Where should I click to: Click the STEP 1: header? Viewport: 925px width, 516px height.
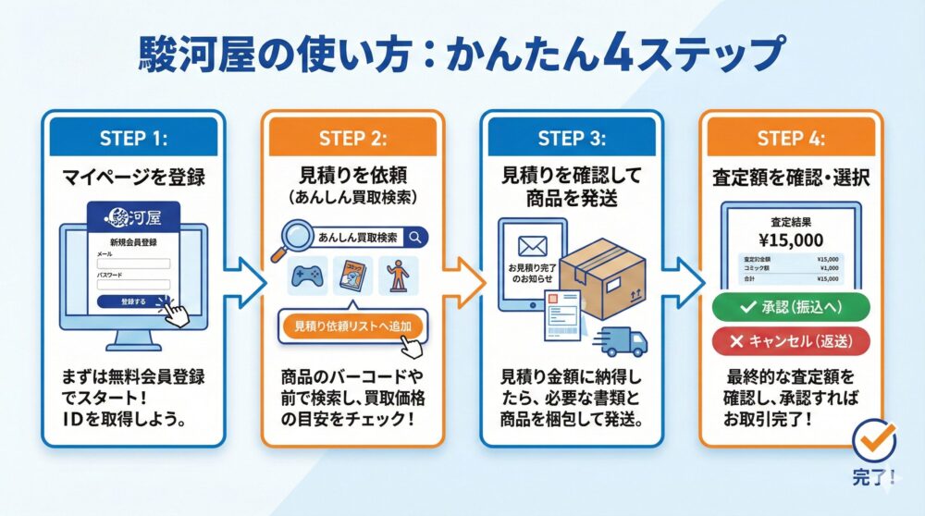132,139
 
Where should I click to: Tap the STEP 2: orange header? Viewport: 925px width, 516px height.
352,139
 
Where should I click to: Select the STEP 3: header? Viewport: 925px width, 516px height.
572,139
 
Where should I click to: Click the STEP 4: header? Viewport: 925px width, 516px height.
792,139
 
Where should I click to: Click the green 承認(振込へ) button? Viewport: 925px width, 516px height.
792,307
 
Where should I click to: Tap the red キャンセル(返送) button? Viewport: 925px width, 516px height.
792,340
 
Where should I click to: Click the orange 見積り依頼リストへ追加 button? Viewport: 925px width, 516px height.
351,326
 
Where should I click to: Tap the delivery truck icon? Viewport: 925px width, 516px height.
621,340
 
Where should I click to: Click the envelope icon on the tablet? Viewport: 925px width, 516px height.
533,247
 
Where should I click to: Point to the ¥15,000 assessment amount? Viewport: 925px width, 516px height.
792,240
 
